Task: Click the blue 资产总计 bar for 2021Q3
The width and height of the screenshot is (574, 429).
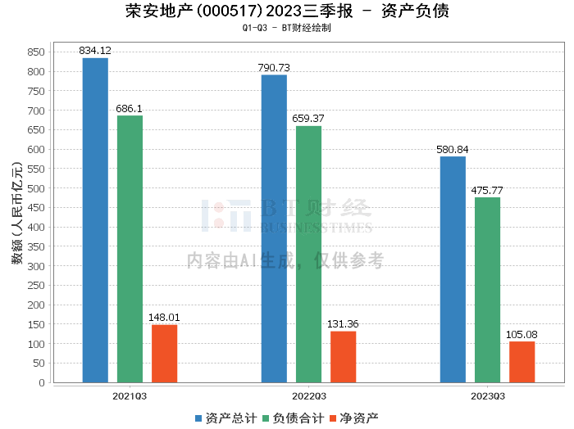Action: tap(95, 220)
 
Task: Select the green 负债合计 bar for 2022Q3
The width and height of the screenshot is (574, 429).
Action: tap(308, 255)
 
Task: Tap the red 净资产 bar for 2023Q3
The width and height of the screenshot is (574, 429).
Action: tap(522, 362)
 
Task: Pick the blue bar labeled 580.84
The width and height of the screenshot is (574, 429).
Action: tap(453, 269)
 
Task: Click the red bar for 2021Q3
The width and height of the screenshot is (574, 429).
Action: tap(164, 354)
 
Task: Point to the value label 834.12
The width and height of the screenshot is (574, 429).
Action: tap(95, 51)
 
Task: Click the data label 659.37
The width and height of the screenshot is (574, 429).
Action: tap(308, 119)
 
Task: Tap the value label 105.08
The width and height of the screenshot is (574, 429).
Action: tap(522, 334)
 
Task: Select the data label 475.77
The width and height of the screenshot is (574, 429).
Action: tap(487, 191)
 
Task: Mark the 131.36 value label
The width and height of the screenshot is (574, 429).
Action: tap(343, 323)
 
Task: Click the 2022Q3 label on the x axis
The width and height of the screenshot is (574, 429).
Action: tap(309, 396)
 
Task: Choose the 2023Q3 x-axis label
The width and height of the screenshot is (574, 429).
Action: tap(488, 396)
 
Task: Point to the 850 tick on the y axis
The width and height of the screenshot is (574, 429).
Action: tap(36, 52)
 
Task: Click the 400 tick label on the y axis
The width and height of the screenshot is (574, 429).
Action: tap(36, 228)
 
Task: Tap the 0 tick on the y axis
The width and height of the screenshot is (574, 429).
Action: tap(42, 382)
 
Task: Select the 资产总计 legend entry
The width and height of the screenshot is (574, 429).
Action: tap(225, 418)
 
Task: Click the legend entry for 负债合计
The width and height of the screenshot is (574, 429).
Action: tap(294, 418)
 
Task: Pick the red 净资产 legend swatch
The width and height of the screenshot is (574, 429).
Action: tap(333, 418)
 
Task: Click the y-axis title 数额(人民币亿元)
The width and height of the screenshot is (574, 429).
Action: tap(17, 213)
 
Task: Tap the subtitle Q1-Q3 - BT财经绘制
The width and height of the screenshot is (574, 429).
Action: tap(287, 28)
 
